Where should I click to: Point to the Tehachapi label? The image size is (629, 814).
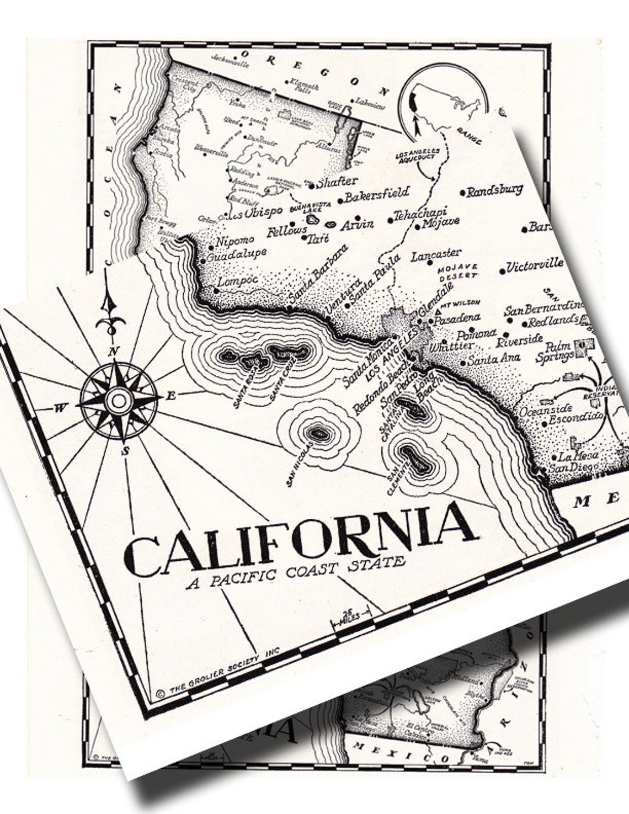pos(420,214)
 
